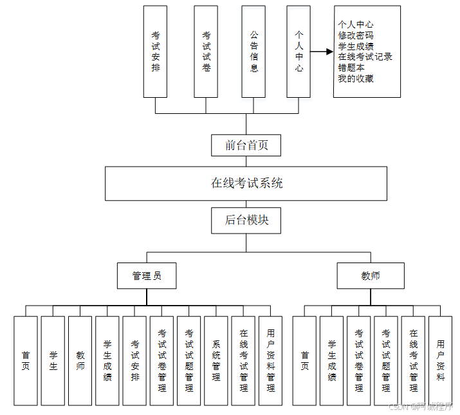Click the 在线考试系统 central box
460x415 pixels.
pyautogui.click(x=246, y=183)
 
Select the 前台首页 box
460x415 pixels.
pyautogui.click(x=246, y=145)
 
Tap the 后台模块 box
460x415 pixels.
pyautogui.click(x=246, y=220)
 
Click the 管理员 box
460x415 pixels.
pyautogui.click(x=147, y=275)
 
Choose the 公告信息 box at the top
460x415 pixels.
pyautogui.click(x=253, y=51)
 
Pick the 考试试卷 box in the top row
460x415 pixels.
pyautogui.click(x=206, y=51)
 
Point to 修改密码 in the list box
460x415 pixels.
pyautogui.click(x=356, y=35)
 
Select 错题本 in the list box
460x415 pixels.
pyautogui.click(x=351, y=68)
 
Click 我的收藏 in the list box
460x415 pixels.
pyautogui.click(x=356, y=78)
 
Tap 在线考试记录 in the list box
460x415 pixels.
pyautogui.click(x=365, y=57)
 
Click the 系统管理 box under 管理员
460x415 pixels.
pyautogui.click(x=216, y=360)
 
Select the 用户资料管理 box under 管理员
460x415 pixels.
pyautogui.click(x=270, y=360)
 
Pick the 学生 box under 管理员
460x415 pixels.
pyautogui.click(x=53, y=360)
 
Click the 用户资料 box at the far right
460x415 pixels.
pyautogui.click(x=440, y=360)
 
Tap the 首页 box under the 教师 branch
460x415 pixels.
pyautogui.click(x=304, y=360)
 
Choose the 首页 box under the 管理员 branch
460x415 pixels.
pyautogui.click(x=26, y=360)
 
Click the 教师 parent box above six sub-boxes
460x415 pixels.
pyautogui.click(x=371, y=275)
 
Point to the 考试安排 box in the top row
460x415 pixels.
pyautogui.click(x=156, y=51)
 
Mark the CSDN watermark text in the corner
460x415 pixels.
pyautogui.click(x=421, y=406)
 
